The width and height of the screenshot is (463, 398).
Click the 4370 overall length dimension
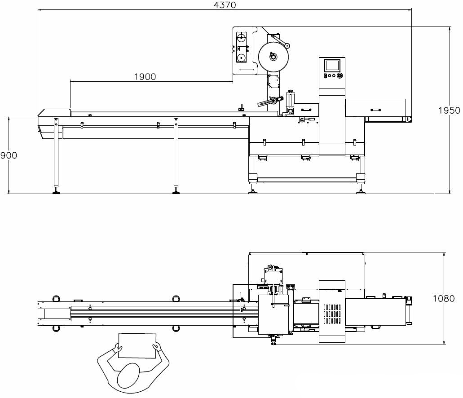coord(225,5)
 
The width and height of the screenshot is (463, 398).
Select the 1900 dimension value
coord(145,77)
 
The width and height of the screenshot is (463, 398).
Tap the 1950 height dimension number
coord(449,111)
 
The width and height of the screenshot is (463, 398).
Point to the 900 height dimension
coord(9,155)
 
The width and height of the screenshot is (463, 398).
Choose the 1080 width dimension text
coord(444,298)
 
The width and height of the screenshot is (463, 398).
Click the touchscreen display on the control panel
coord(332,65)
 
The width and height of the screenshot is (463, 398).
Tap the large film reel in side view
coord(273,57)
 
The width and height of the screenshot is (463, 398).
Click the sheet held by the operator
coord(137,346)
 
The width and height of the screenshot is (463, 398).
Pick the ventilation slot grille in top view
coord(332,314)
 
